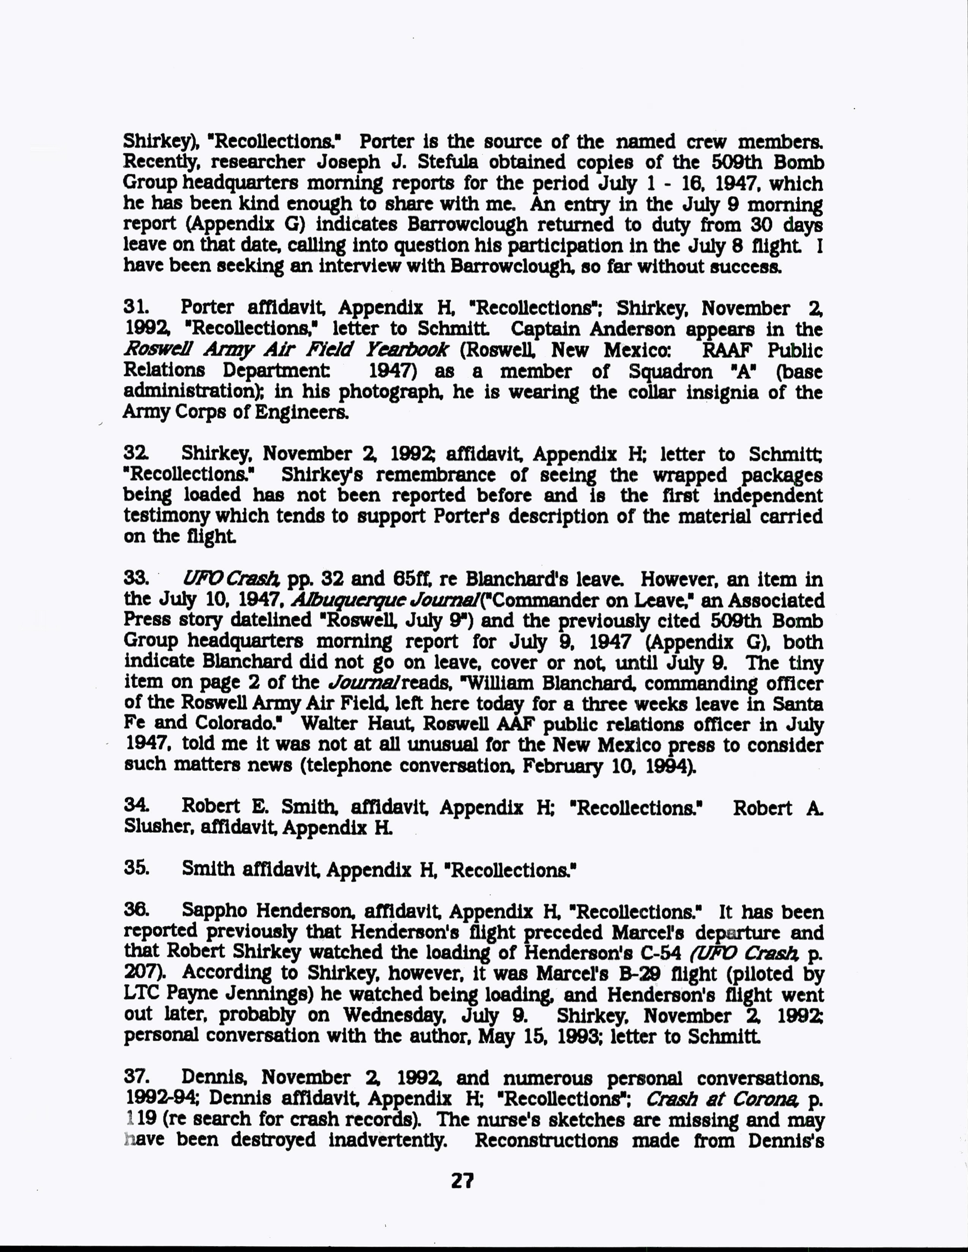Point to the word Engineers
tap(299, 413)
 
